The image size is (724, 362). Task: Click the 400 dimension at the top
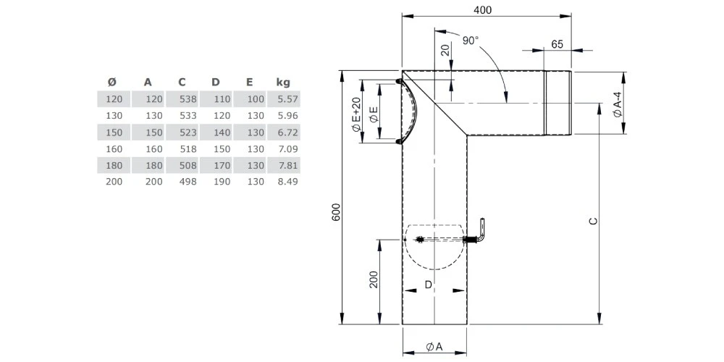[482, 9]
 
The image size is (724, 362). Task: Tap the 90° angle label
[471, 41]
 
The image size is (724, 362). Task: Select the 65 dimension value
[557, 44]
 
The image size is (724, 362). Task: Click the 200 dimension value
[374, 279]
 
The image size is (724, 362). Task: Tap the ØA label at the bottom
[434, 347]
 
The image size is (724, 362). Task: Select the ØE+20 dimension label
[356, 115]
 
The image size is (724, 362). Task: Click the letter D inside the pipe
[429, 285]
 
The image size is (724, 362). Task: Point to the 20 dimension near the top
[445, 50]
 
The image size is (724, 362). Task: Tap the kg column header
[283, 82]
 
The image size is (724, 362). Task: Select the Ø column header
[111, 82]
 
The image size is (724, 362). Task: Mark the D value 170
[221, 165]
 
